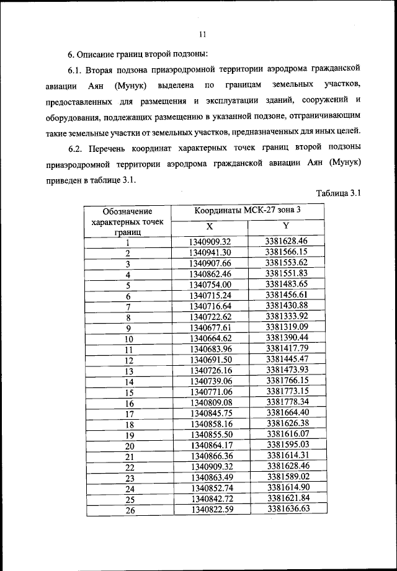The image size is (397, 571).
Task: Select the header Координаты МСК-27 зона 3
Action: [x=248, y=210]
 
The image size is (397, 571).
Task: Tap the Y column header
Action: [x=286, y=226]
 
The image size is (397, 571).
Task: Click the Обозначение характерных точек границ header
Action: [x=128, y=221]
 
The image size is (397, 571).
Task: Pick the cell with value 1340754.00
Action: [x=211, y=286]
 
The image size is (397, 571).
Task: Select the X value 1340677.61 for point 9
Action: [x=211, y=328]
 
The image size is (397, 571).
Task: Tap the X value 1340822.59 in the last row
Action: [x=211, y=510]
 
